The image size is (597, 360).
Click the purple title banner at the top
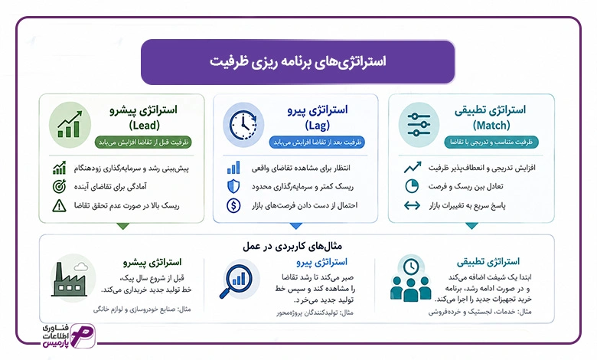pos(298,62)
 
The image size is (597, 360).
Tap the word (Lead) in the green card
pos(145,126)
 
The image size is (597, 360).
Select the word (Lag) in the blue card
pos(317,126)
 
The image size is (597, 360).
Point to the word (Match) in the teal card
pos(491,126)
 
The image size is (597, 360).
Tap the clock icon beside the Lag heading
pos(243,125)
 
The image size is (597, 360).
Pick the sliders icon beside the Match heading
pos(419,125)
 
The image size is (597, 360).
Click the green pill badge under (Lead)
pos(144,142)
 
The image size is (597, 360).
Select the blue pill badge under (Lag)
pos(317,142)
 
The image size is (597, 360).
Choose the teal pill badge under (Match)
pos(491,142)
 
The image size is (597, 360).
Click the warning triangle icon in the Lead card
pos(59,206)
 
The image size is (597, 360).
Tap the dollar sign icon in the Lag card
pos(233,206)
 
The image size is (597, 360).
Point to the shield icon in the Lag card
pos(233,187)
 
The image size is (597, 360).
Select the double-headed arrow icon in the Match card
pos(412,206)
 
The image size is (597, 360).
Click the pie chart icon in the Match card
pos(412,186)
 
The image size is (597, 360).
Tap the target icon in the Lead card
pos(59,186)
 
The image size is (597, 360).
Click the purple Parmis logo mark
pos(83,335)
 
